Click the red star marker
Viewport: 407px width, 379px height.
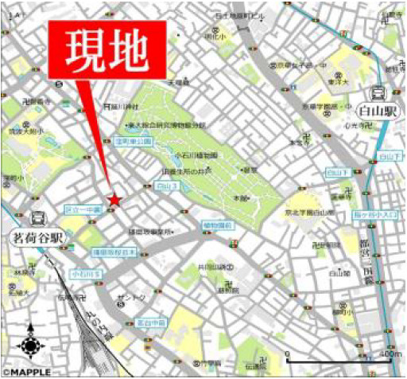(x=115, y=200)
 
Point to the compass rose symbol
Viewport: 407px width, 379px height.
(x=30, y=346)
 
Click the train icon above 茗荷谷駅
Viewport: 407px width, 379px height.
(x=37, y=218)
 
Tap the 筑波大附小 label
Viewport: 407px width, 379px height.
(x=31, y=125)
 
